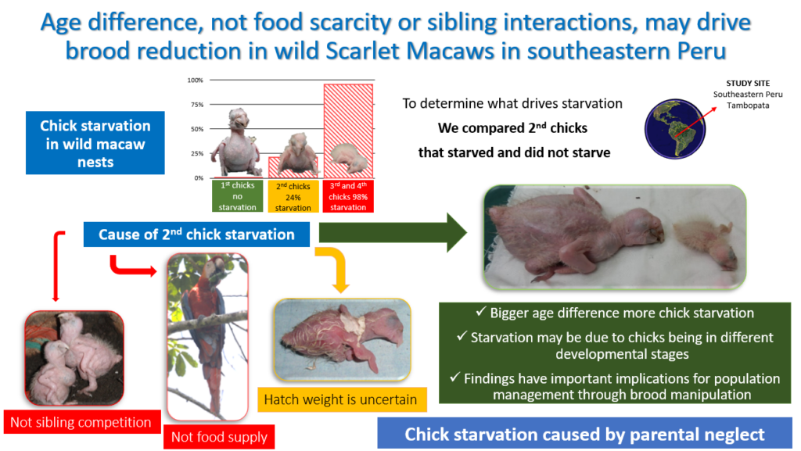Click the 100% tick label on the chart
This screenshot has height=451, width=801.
click(x=195, y=80)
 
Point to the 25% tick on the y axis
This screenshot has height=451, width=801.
click(x=197, y=153)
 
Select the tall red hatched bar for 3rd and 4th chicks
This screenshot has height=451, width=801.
click(x=348, y=131)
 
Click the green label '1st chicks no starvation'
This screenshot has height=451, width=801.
click(x=238, y=196)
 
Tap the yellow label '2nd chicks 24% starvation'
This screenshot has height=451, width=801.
click(x=293, y=196)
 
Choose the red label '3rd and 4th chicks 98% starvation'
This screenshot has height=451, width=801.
click(x=348, y=196)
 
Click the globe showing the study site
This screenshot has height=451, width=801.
click(x=675, y=128)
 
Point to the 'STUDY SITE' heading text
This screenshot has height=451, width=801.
click(x=748, y=83)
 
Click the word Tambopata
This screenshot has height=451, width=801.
click(x=748, y=106)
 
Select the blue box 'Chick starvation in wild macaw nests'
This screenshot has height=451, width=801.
click(x=95, y=143)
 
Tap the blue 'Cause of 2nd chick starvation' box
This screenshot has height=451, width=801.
click(x=196, y=234)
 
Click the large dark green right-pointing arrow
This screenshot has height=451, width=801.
click(x=393, y=233)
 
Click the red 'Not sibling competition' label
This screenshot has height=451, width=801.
click(x=81, y=422)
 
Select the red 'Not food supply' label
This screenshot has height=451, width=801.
click(x=219, y=437)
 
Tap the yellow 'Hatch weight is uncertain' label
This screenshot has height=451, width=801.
click(x=341, y=399)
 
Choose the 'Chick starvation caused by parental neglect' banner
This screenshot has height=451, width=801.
click(x=585, y=434)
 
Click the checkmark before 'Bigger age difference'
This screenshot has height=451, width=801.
click(x=481, y=311)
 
